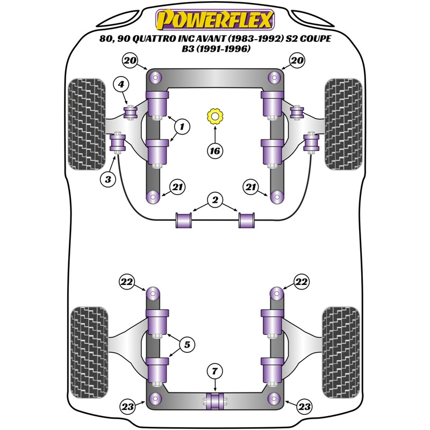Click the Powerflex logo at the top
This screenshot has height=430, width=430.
[214, 20]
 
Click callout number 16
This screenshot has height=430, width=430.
[214, 151]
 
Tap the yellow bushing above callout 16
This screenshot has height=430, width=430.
[215, 116]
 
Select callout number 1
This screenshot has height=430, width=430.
[182, 127]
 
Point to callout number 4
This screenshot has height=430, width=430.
[121, 84]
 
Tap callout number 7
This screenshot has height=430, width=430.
[214, 371]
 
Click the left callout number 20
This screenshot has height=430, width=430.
[129, 60]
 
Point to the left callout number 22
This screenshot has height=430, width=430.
[127, 281]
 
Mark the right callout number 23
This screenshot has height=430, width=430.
[304, 407]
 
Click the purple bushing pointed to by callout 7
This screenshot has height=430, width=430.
[214, 400]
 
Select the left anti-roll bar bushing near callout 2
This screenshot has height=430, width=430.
[184, 219]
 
